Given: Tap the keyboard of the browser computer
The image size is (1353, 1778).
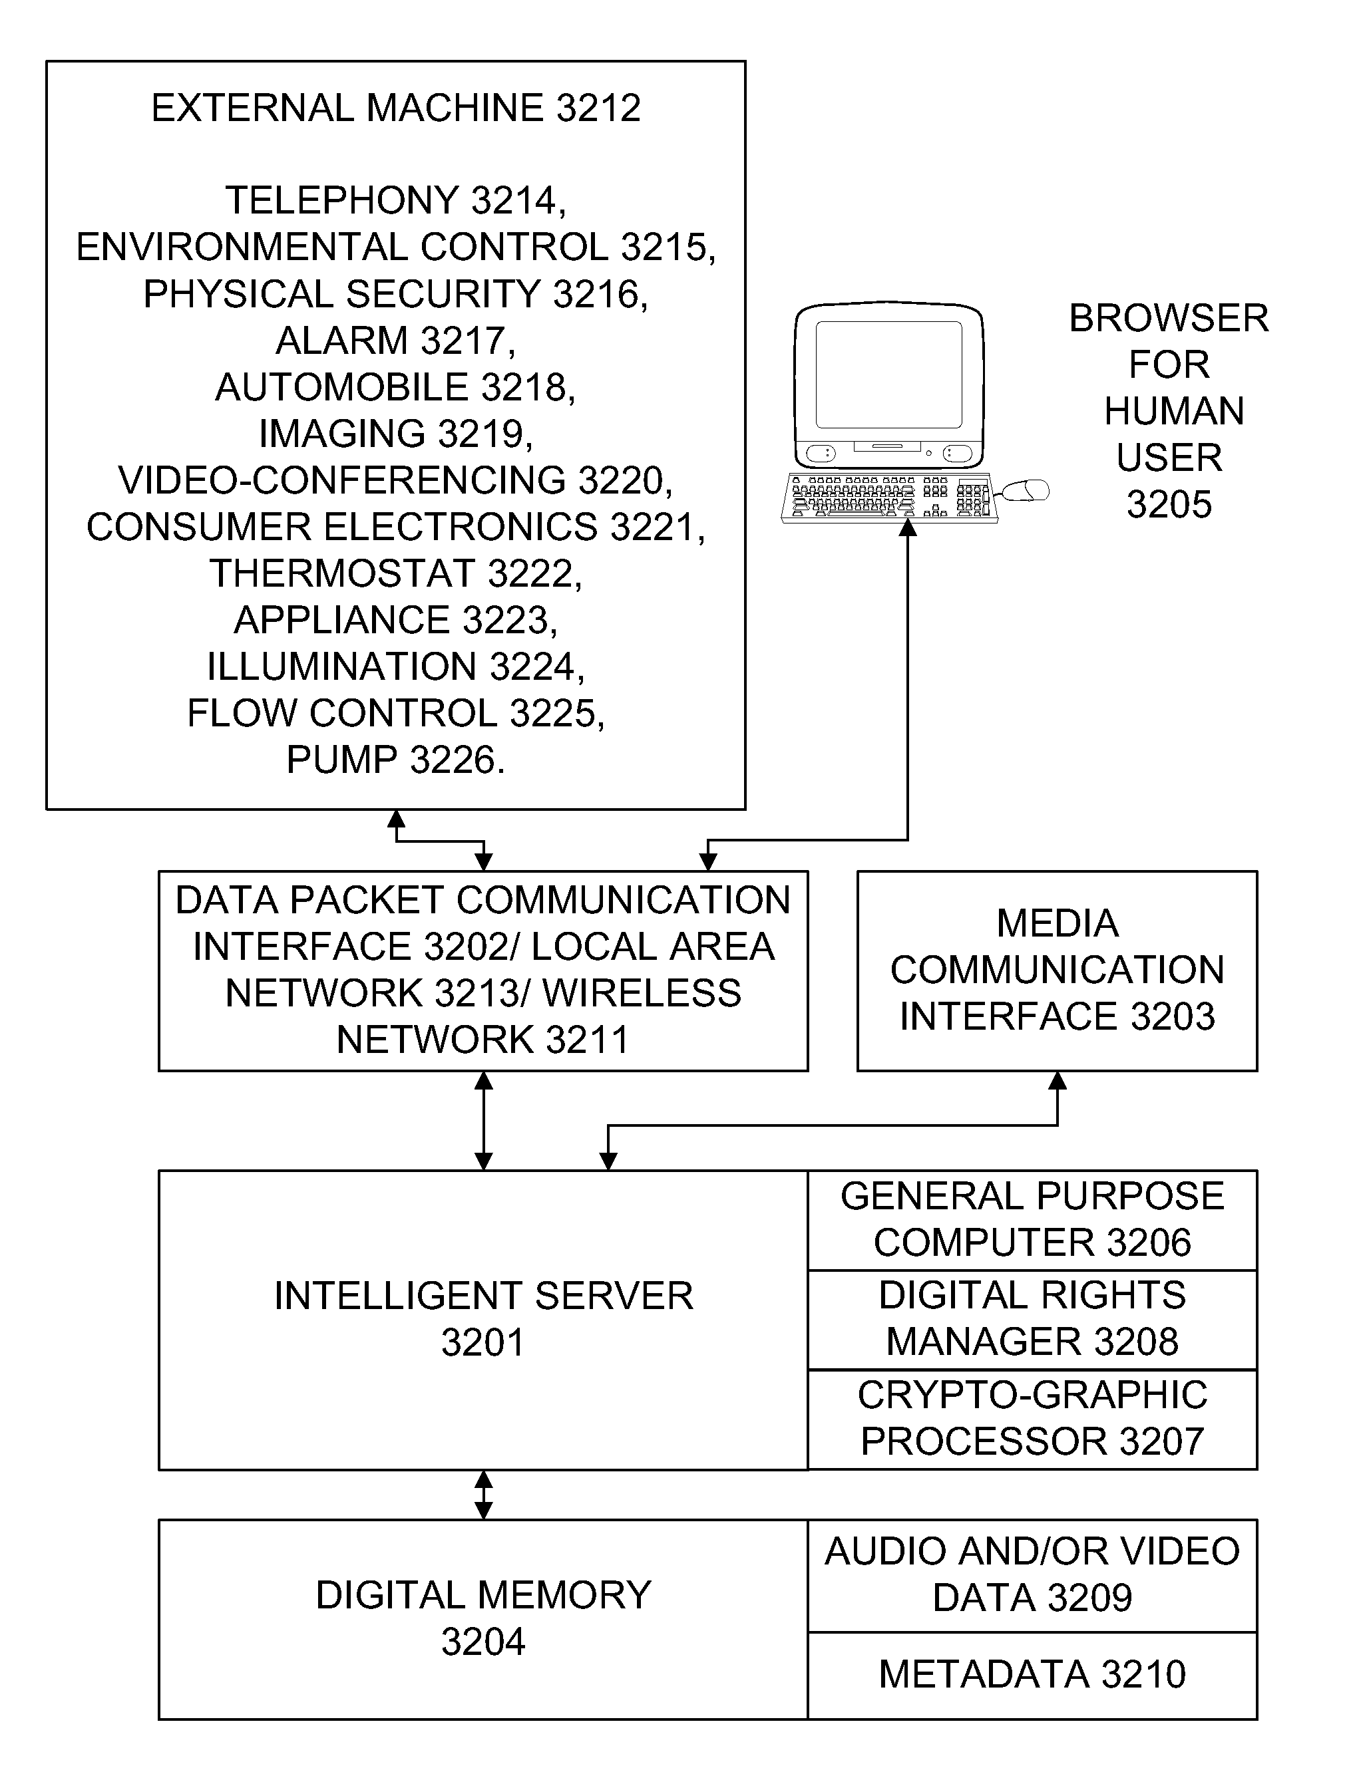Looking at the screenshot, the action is pos(890,498).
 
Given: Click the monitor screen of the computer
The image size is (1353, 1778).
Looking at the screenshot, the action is pos(889,374).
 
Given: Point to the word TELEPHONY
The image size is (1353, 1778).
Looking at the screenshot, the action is pos(341,200).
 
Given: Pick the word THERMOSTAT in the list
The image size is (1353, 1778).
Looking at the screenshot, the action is pos(342,573).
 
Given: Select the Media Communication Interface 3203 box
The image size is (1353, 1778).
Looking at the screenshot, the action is pos(1057,970).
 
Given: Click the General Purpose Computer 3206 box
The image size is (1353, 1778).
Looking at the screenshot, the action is pos(1032,1220).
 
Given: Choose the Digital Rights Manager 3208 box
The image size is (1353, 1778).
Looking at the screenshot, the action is pos(1032,1320).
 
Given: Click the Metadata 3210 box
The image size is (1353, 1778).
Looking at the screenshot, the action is pos(1032,1676).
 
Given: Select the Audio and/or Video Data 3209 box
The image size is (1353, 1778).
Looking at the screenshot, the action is pos(1032,1576).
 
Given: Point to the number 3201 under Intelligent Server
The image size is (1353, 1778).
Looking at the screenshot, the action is pos(483,1342).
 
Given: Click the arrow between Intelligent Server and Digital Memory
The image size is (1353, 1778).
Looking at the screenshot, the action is pos(483,1495).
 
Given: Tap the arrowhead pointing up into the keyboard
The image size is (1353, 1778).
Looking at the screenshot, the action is pos(908,528).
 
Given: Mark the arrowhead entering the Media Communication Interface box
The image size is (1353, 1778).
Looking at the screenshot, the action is pos(1058,1081).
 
